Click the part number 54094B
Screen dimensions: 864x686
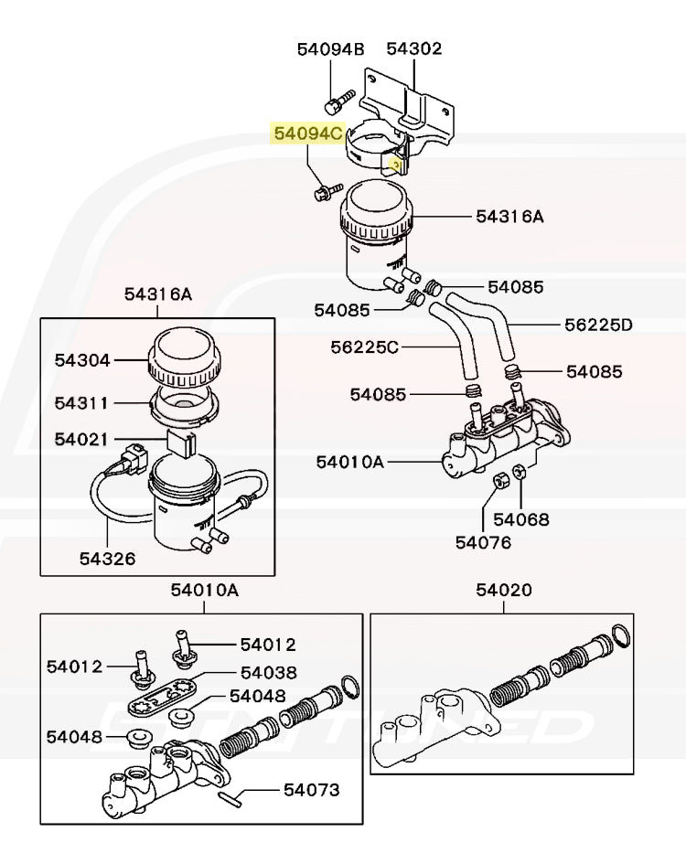[x=330, y=48]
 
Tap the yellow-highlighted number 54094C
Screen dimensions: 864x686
[x=308, y=134]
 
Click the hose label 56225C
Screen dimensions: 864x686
[x=365, y=347]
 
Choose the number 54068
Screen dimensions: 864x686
[x=521, y=519]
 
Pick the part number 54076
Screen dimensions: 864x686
[x=484, y=542]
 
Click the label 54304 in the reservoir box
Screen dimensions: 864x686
[x=81, y=360]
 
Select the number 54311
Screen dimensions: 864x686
[x=81, y=403]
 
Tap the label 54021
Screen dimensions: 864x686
[x=81, y=439]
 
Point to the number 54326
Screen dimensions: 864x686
[x=107, y=558]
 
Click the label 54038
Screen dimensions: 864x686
[x=269, y=672]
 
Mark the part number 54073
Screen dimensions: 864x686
[x=311, y=789]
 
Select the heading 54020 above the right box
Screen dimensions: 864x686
[x=503, y=591]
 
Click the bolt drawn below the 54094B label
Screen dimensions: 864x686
[x=338, y=94]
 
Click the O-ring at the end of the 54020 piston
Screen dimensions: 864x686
[x=620, y=635]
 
